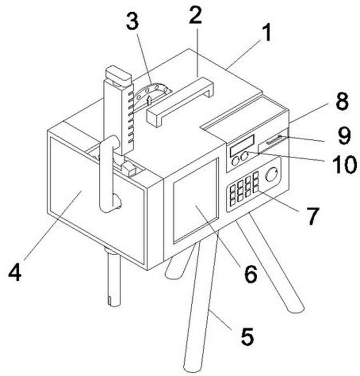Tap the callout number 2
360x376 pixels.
click(x=195, y=15)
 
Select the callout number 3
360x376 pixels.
click(x=132, y=21)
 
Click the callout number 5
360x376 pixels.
click(x=247, y=336)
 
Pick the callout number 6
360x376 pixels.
click(x=251, y=274)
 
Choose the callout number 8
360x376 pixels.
click(x=342, y=102)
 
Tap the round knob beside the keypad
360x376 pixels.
click(x=271, y=174)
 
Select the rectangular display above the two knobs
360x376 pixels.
click(x=242, y=145)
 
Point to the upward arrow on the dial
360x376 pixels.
click(x=149, y=100)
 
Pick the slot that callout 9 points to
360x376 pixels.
click(x=274, y=140)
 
